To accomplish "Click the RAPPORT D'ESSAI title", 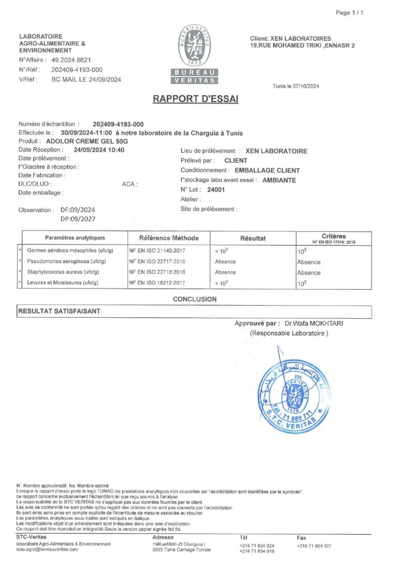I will click(x=195, y=99).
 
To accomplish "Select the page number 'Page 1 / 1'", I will click(x=350, y=13).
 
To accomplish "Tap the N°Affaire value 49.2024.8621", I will click(x=71, y=59).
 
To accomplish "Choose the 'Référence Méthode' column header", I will click(x=168, y=238).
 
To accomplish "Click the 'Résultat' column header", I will click(x=253, y=238).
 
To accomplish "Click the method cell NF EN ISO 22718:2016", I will click(x=157, y=272).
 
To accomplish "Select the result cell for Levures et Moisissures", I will click(x=222, y=283).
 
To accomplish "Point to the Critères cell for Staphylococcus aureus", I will click(x=308, y=272).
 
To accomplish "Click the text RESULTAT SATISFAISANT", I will click(x=60, y=311).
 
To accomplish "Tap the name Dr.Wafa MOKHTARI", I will click(x=312, y=323).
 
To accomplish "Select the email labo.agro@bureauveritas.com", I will click(x=47, y=549).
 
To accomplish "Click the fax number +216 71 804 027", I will click(x=314, y=546).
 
